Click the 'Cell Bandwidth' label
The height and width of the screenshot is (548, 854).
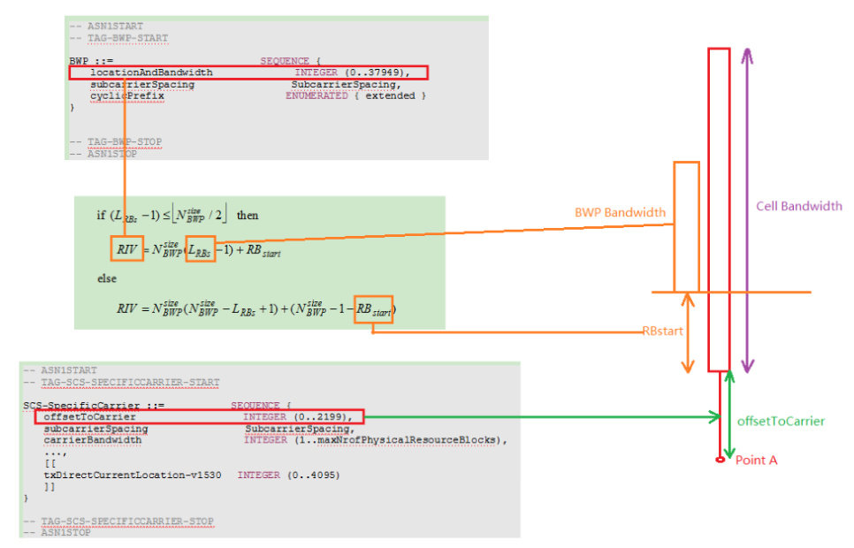point(799,206)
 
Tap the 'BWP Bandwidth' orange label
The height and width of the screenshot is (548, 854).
point(620,213)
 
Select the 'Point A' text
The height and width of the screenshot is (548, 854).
point(756,460)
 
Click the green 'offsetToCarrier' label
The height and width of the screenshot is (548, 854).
point(781,421)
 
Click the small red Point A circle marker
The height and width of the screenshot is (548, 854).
point(721,460)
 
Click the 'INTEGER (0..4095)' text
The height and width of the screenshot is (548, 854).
point(288,475)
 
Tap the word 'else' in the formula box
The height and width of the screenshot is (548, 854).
point(107,279)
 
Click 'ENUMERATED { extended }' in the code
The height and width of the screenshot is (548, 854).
point(355,95)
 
